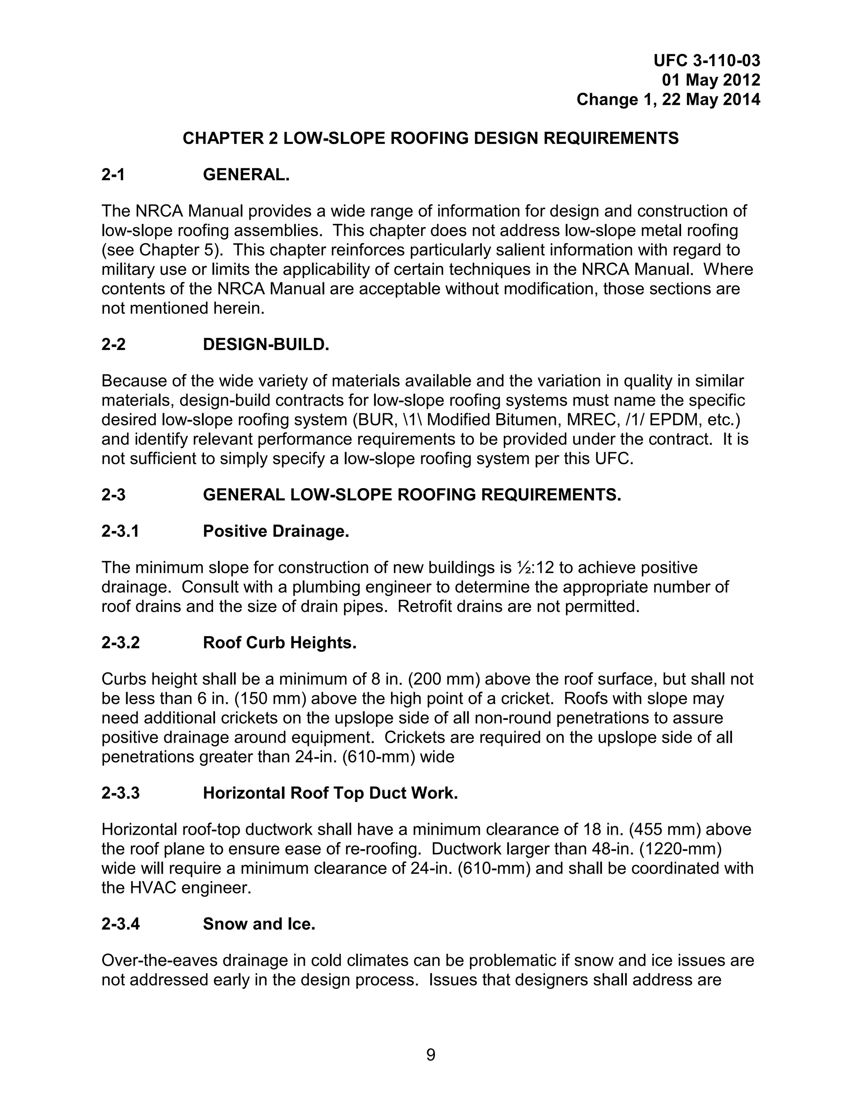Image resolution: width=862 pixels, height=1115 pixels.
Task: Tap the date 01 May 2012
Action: pos(710,80)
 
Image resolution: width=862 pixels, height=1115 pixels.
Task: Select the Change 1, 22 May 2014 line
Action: pos(668,99)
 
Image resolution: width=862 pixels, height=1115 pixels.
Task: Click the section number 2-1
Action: pos(113,175)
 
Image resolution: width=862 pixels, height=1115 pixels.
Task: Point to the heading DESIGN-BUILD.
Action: pos(266,345)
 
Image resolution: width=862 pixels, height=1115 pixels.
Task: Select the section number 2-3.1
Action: pos(120,531)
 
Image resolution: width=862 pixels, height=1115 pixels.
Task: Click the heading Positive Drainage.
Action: pos(276,531)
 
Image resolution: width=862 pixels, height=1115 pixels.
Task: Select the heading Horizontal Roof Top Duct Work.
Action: pos(330,793)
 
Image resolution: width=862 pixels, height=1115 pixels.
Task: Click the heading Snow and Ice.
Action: pos(259,924)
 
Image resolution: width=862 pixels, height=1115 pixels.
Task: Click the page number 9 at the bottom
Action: pos(431,1055)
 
